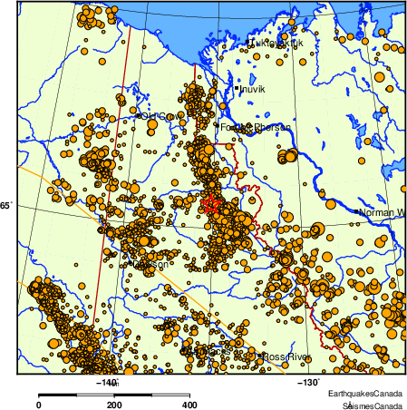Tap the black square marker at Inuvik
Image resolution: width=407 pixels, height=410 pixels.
237,88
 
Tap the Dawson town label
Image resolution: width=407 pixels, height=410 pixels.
151,265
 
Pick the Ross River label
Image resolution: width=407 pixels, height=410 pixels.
286,357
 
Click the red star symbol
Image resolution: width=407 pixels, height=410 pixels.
210,203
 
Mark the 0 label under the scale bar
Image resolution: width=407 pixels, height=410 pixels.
38,405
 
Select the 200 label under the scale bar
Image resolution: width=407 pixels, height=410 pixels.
113,405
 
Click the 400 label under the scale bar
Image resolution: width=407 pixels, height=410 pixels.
189,405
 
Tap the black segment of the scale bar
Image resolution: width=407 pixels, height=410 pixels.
76,395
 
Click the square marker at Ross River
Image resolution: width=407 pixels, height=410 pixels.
261,356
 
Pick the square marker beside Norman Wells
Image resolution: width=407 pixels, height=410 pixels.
357,212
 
